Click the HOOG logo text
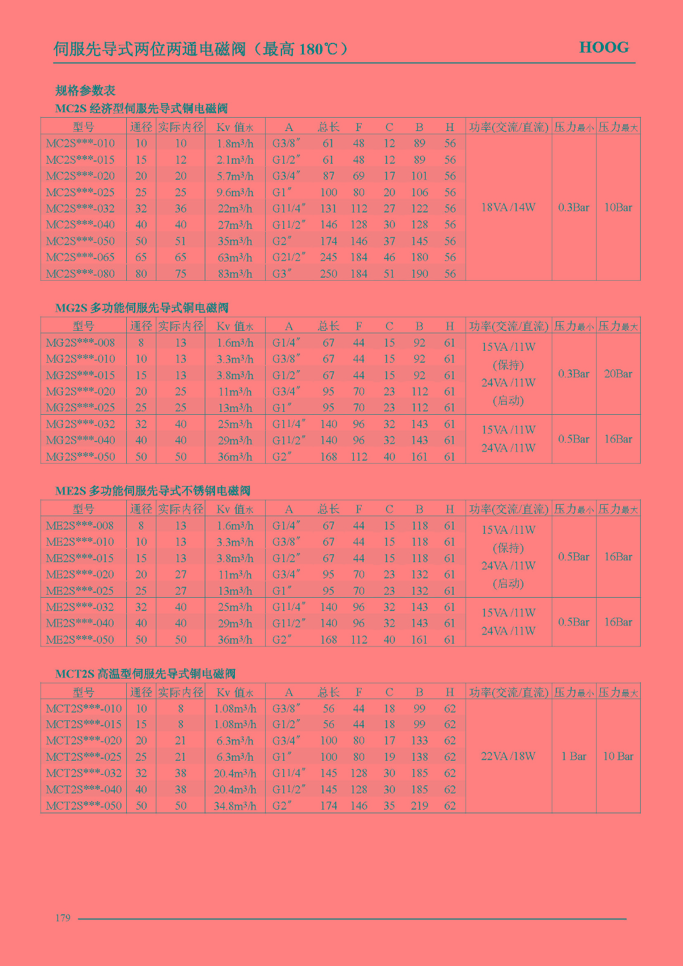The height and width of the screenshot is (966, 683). (x=603, y=48)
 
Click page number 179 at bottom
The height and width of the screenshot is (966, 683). (x=63, y=918)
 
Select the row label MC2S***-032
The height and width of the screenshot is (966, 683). (x=80, y=208)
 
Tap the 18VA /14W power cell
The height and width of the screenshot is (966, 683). (x=508, y=207)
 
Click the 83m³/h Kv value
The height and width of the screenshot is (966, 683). (x=235, y=273)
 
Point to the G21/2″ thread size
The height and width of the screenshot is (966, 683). (x=289, y=257)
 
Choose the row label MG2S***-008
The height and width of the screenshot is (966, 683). (x=80, y=343)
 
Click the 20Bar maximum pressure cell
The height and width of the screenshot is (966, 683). (x=618, y=374)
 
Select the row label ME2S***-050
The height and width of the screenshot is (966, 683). (x=80, y=640)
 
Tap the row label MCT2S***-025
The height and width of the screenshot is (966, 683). (x=83, y=757)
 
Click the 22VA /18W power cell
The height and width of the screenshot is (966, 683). (x=508, y=756)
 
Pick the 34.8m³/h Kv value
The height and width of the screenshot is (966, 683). (x=235, y=806)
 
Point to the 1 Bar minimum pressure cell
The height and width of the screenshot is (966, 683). (x=573, y=756)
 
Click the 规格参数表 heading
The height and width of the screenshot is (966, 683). (x=85, y=91)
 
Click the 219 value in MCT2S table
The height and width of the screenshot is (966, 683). (x=419, y=806)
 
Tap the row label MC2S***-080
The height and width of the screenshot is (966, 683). (x=80, y=273)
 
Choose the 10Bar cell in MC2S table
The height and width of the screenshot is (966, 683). (x=618, y=207)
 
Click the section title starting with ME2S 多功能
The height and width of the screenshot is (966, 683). (x=152, y=491)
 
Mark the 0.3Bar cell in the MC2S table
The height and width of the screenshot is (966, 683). (x=573, y=207)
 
